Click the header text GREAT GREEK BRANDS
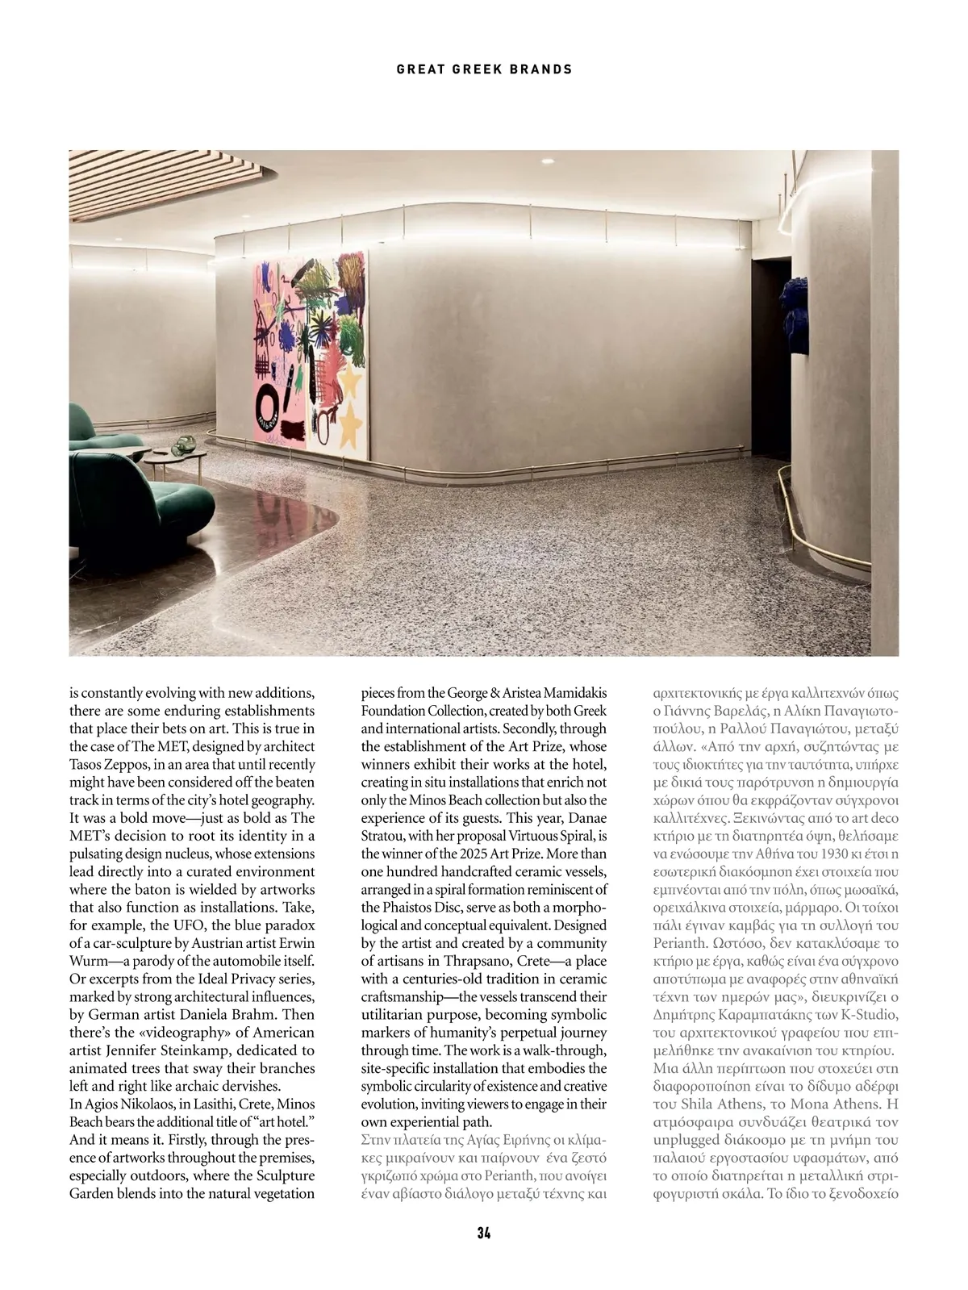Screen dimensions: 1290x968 [484, 69]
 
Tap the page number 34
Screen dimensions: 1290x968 [484, 1232]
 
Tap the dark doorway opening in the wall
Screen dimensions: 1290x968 [766, 355]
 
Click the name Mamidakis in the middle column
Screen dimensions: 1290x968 [568, 693]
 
